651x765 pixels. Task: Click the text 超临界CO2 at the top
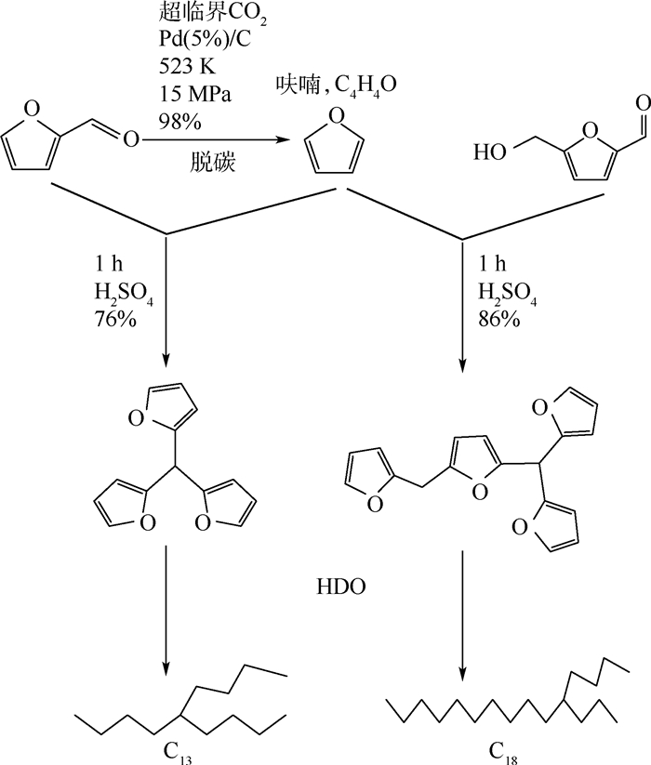coord(213,14)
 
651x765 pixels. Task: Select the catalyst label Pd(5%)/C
coord(205,39)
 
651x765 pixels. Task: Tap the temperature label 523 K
coord(187,66)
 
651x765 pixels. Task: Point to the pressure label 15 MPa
coord(194,94)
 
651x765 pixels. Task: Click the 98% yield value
coord(180,122)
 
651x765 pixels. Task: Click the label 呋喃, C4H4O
coord(338,86)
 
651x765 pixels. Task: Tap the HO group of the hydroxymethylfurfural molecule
coord(490,152)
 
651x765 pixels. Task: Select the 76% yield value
coord(115,319)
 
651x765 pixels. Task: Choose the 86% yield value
coord(498,319)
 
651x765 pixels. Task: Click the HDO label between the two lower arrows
coord(341,587)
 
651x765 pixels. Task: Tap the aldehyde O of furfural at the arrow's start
coord(131,140)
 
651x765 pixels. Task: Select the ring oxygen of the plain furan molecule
coord(337,116)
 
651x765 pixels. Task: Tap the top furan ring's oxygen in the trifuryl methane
coord(136,418)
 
